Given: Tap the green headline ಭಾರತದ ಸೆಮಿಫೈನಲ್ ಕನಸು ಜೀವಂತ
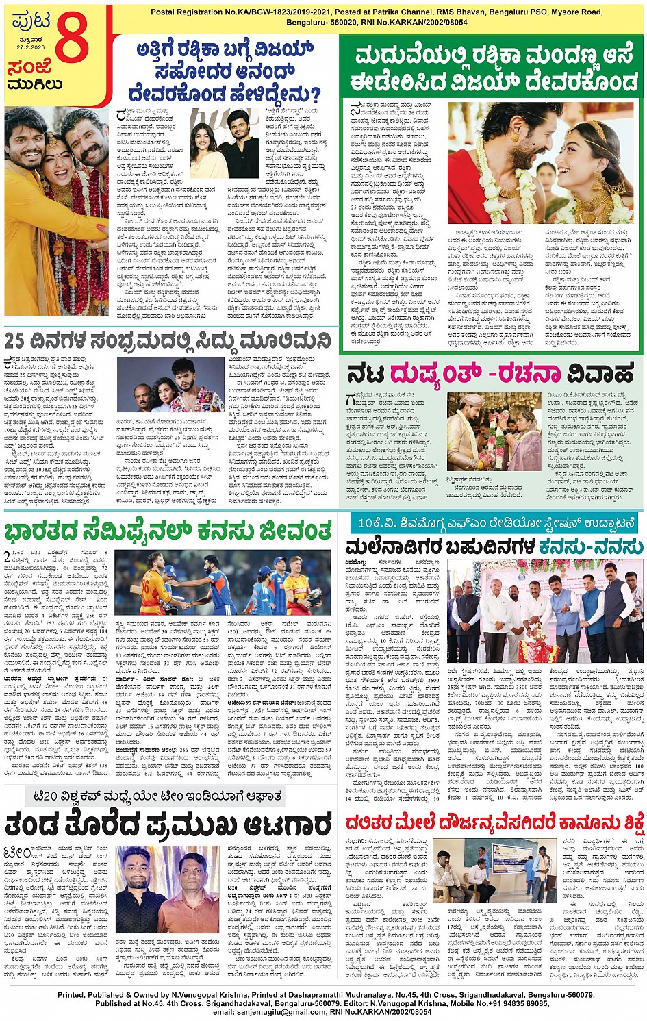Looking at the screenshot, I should [168, 530].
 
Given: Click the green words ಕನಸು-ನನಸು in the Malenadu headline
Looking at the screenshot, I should [591, 546].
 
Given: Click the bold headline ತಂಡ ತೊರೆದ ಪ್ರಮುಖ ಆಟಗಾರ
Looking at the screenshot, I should [168, 825].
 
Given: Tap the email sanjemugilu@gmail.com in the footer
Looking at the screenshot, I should [269, 1011].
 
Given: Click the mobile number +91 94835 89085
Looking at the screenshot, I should [510, 1003].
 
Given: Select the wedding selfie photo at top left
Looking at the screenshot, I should [56, 211].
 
